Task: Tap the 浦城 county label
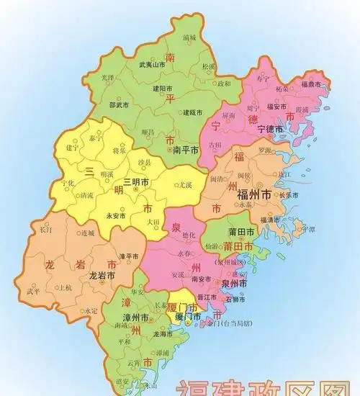189,37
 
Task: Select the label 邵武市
118,104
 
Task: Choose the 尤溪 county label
186,184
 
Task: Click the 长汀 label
45,230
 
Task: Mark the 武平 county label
33,292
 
